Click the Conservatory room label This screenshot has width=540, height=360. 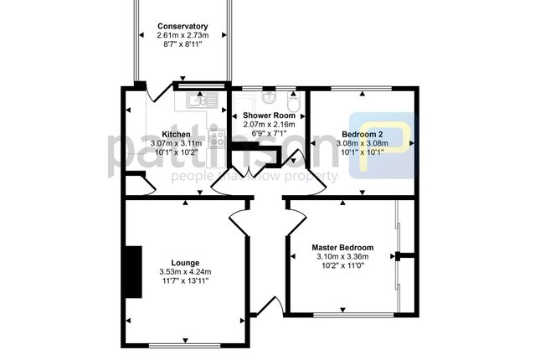point(183,26)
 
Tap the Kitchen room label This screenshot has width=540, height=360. point(176,134)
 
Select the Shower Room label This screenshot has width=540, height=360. point(269,116)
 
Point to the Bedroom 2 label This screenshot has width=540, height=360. point(362,134)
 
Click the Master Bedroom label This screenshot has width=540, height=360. point(342,247)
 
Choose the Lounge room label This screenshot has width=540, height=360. point(185,263)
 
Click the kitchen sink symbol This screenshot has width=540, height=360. point(202,100)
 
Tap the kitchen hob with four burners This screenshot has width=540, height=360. point(217,138)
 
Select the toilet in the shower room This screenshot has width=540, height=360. point(293,101)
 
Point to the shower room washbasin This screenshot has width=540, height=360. point(268,97)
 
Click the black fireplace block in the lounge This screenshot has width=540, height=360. point(134,272)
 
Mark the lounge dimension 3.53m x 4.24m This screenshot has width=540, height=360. point(185,272)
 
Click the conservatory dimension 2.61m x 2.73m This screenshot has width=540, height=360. point(183,35)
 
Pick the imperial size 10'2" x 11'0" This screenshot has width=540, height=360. point(342,265)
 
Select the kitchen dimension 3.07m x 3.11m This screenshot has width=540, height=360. point(176,143)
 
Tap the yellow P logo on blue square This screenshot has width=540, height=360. point(383,146)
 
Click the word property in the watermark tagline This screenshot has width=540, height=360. point(311,177)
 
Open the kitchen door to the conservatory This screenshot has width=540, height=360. point(159,92)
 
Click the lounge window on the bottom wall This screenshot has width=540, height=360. point(184,345)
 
